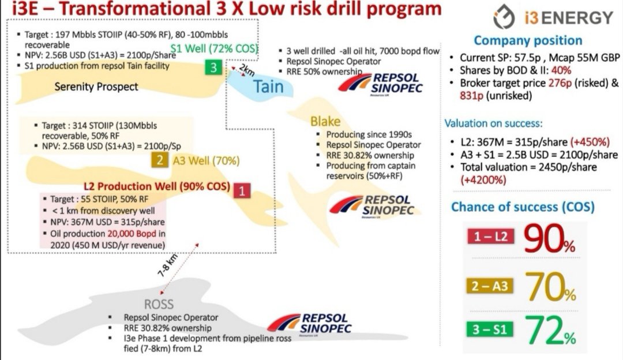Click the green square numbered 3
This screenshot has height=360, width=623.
pos(213,67)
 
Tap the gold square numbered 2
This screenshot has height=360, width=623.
pos(159,160)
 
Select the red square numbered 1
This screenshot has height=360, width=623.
pos(242,190)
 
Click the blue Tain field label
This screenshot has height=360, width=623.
pos(269,87)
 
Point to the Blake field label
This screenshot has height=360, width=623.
pos(325,121)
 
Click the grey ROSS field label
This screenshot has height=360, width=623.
pos(159,305)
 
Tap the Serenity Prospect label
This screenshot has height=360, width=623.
pos(96,87)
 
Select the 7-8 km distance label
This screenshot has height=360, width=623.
pos(168,265)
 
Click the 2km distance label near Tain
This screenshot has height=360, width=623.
pos(247,70)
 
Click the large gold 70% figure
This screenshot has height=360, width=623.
pos(550,287)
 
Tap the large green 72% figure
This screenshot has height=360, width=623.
pos(550,330)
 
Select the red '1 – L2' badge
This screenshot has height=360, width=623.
pos(490,237)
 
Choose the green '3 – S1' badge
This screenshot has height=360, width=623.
pos(490,329)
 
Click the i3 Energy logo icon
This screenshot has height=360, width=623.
pos(504,17)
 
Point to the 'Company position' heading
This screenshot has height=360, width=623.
pos(528,40)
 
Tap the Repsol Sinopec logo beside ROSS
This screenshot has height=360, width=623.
pos(310,324)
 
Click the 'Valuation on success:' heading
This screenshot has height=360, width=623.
pos(493,123)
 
